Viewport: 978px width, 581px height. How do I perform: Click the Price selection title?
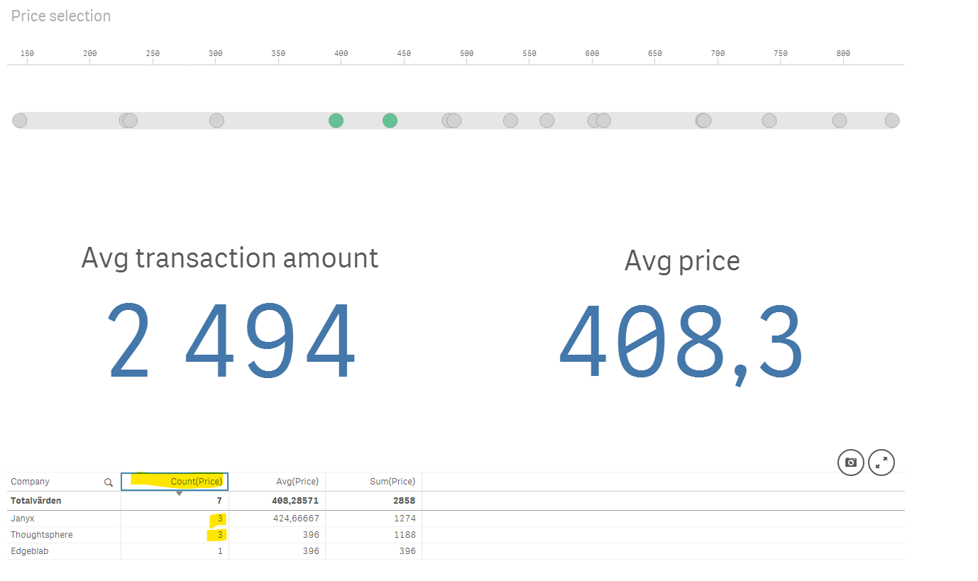61,16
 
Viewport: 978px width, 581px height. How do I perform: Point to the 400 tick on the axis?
341,54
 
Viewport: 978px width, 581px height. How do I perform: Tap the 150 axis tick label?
27,54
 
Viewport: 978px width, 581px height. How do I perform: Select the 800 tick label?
842,54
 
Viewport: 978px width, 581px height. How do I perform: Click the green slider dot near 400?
336,121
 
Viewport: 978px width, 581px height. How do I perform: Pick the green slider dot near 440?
390,121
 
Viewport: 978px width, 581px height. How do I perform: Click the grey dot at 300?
216,121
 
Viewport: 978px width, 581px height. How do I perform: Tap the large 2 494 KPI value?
231,341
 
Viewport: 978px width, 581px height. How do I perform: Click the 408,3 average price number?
681,343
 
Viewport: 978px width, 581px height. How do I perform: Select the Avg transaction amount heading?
229,258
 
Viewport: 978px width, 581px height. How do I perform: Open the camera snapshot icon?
850,463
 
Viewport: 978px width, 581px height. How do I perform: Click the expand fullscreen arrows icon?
881,463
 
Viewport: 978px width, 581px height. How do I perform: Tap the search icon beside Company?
109,482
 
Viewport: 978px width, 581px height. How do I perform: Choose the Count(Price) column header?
197,482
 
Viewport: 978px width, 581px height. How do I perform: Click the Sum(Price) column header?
393,482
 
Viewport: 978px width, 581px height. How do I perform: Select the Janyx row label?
23,519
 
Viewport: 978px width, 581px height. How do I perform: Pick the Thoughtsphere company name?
42,535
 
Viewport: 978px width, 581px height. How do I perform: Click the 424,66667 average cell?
297,519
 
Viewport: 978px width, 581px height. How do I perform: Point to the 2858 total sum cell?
404,501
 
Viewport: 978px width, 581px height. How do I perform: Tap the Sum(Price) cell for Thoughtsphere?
405,535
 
